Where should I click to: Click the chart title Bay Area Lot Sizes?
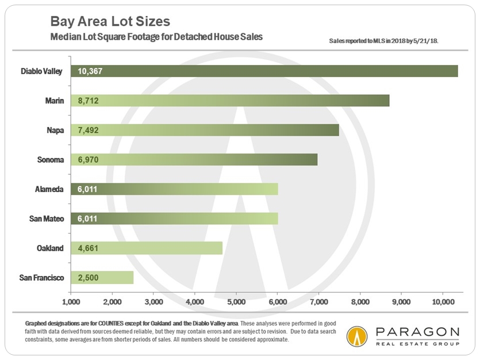[x=110, y=22]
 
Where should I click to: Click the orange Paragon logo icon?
[x=358, y=336]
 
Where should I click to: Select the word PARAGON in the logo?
[x=417, y=332]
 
